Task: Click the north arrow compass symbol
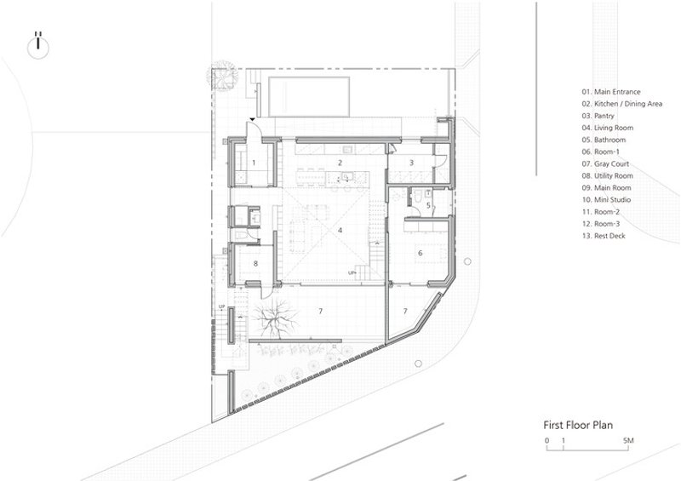pos(38,46)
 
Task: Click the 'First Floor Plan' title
pos(578,425)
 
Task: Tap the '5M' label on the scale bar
pos(628,441)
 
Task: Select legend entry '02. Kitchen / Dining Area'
pos(622,104)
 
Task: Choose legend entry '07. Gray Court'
pos(605,163)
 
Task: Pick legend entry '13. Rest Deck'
pos(604,236)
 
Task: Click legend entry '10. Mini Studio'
pos(606,200)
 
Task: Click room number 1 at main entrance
pos(254,163)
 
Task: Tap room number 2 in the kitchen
pos(340,163)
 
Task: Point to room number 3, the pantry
pos(411,163)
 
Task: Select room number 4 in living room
pos(340,231)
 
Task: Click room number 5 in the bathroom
pos(428,205)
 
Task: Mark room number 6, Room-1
pos(420,253)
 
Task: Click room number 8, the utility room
pos(256,263)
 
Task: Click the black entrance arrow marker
pos(252,119)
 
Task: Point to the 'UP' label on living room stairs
pos(352,273)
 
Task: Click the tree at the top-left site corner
pos(222,76)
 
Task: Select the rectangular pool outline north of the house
pos(309,96)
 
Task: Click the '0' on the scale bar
pos(547,441)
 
